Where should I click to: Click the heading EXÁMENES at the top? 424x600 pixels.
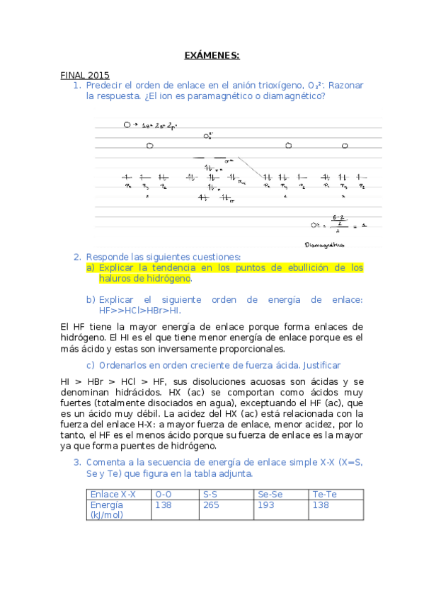[x=212, y=55]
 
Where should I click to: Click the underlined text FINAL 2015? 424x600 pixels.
[x=84, y=74]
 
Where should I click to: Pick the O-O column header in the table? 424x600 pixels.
[x=164, y=495]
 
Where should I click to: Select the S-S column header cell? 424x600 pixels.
[x=210, y=495]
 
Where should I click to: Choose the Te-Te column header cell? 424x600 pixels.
[x=324, y=495]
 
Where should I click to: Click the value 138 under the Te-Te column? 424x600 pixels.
[x=321, y=505]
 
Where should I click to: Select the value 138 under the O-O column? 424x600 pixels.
[x=163, y=505]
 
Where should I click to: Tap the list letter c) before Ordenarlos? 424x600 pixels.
[x=90, y=365]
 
